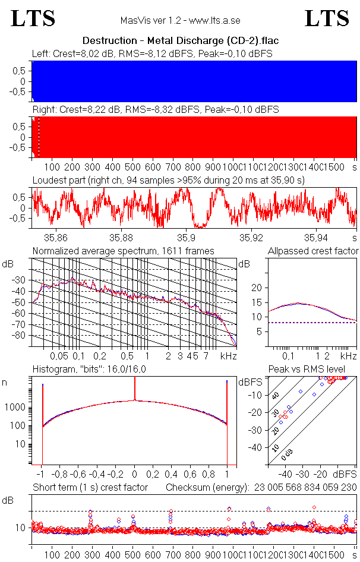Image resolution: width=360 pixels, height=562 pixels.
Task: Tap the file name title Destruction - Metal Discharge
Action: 181,40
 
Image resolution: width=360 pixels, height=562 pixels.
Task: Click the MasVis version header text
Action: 180,20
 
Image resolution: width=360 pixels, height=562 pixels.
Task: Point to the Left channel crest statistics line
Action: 152,54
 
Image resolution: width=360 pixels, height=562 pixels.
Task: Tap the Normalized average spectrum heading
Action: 123,251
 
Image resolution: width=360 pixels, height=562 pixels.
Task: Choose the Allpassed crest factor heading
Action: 313,251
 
